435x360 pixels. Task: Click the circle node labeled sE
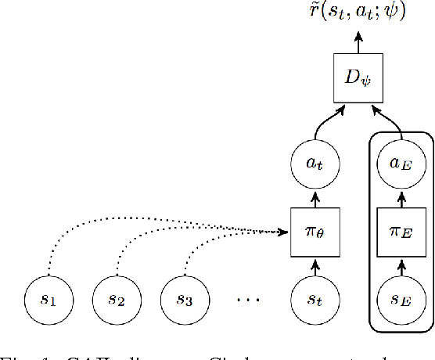[x=400, y=299]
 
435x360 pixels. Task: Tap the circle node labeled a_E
[x=400, y=163]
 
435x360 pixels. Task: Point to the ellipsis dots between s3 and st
[x=248, y=300]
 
